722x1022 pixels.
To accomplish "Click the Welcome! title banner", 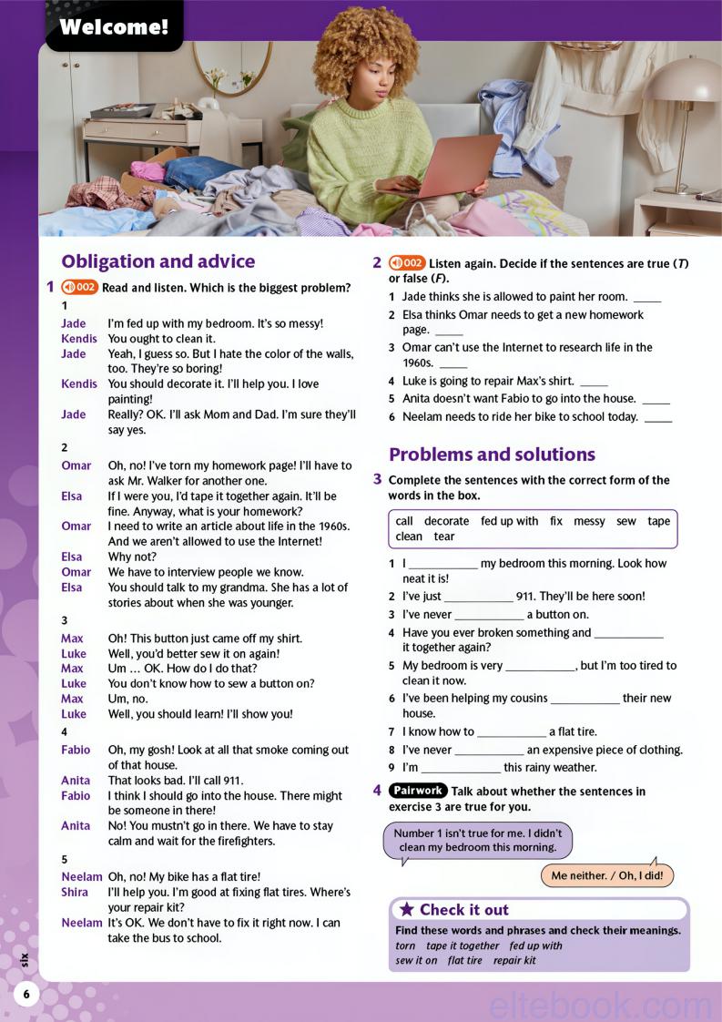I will click(x=114, y=27).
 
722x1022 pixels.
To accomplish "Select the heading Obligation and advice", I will click(x=158, y=261).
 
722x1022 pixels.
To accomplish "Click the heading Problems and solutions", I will click(x=492, y=454).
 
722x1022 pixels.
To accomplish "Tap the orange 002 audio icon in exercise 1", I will click(x=79, y=287).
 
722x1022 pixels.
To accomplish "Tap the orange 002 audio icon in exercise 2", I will click(x=406, y=263).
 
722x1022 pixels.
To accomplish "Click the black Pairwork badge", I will click(x=418, y=791).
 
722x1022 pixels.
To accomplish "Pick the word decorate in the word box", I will click(x=446, y=521).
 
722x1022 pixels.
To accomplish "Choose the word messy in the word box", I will click(x=589, y=521).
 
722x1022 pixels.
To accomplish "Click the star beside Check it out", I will click(x=407, y=909).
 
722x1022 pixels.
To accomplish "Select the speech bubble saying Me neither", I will click(x=606, y=876).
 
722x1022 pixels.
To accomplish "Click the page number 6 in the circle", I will click(x=26, y=994).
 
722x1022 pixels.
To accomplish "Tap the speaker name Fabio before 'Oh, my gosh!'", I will click(x=76, y=750).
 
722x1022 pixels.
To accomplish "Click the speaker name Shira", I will click(x=75, y=892).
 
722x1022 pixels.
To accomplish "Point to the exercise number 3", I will click(x=377, y=479).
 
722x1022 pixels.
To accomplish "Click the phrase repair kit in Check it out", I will click(x=514, y=960).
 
